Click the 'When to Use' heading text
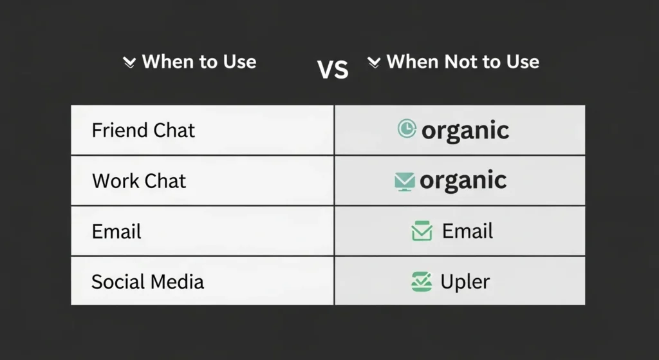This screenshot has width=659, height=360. click(x=199, y=62)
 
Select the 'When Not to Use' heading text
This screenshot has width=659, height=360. click(x=463, y=62)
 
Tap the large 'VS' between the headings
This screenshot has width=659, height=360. click(x=333, y=69)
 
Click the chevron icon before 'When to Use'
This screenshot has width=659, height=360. click(x=129, y=62)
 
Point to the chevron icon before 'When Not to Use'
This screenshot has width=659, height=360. click(x=374, y=62)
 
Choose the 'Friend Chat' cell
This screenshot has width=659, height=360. click(x=143, y=130)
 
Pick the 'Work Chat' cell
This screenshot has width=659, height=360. click(x=139, y=180)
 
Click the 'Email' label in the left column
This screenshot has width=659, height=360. click(x=116, y=231)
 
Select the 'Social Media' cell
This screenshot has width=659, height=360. click(x=147, y=281)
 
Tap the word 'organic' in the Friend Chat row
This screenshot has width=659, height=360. click(x=465, y=130)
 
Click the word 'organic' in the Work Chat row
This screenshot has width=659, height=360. click(x=463, y=180)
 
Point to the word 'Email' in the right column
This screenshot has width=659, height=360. click(x=467, y=231)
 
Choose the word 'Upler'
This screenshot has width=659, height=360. click(x=465, y=281)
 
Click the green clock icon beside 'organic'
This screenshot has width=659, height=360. click(x=407, y=129)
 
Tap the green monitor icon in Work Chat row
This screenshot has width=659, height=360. click(x=405, y=182)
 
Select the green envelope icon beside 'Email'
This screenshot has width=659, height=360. click(x=422, y=231)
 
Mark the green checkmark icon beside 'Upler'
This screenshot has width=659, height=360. click(x=421, y=281)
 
